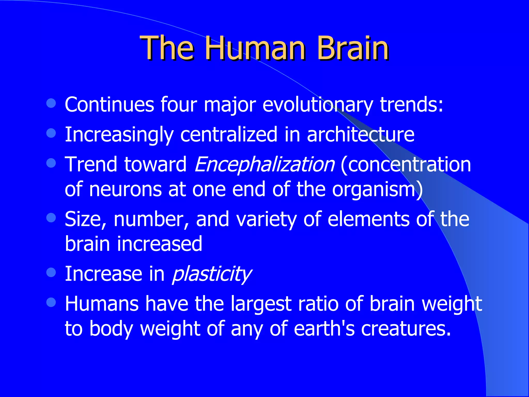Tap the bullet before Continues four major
point(51,103)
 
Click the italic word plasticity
point(211,274)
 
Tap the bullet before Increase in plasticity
point(51,272)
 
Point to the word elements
point(368,219)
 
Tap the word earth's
point(324,329)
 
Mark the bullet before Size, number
point(51,217)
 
